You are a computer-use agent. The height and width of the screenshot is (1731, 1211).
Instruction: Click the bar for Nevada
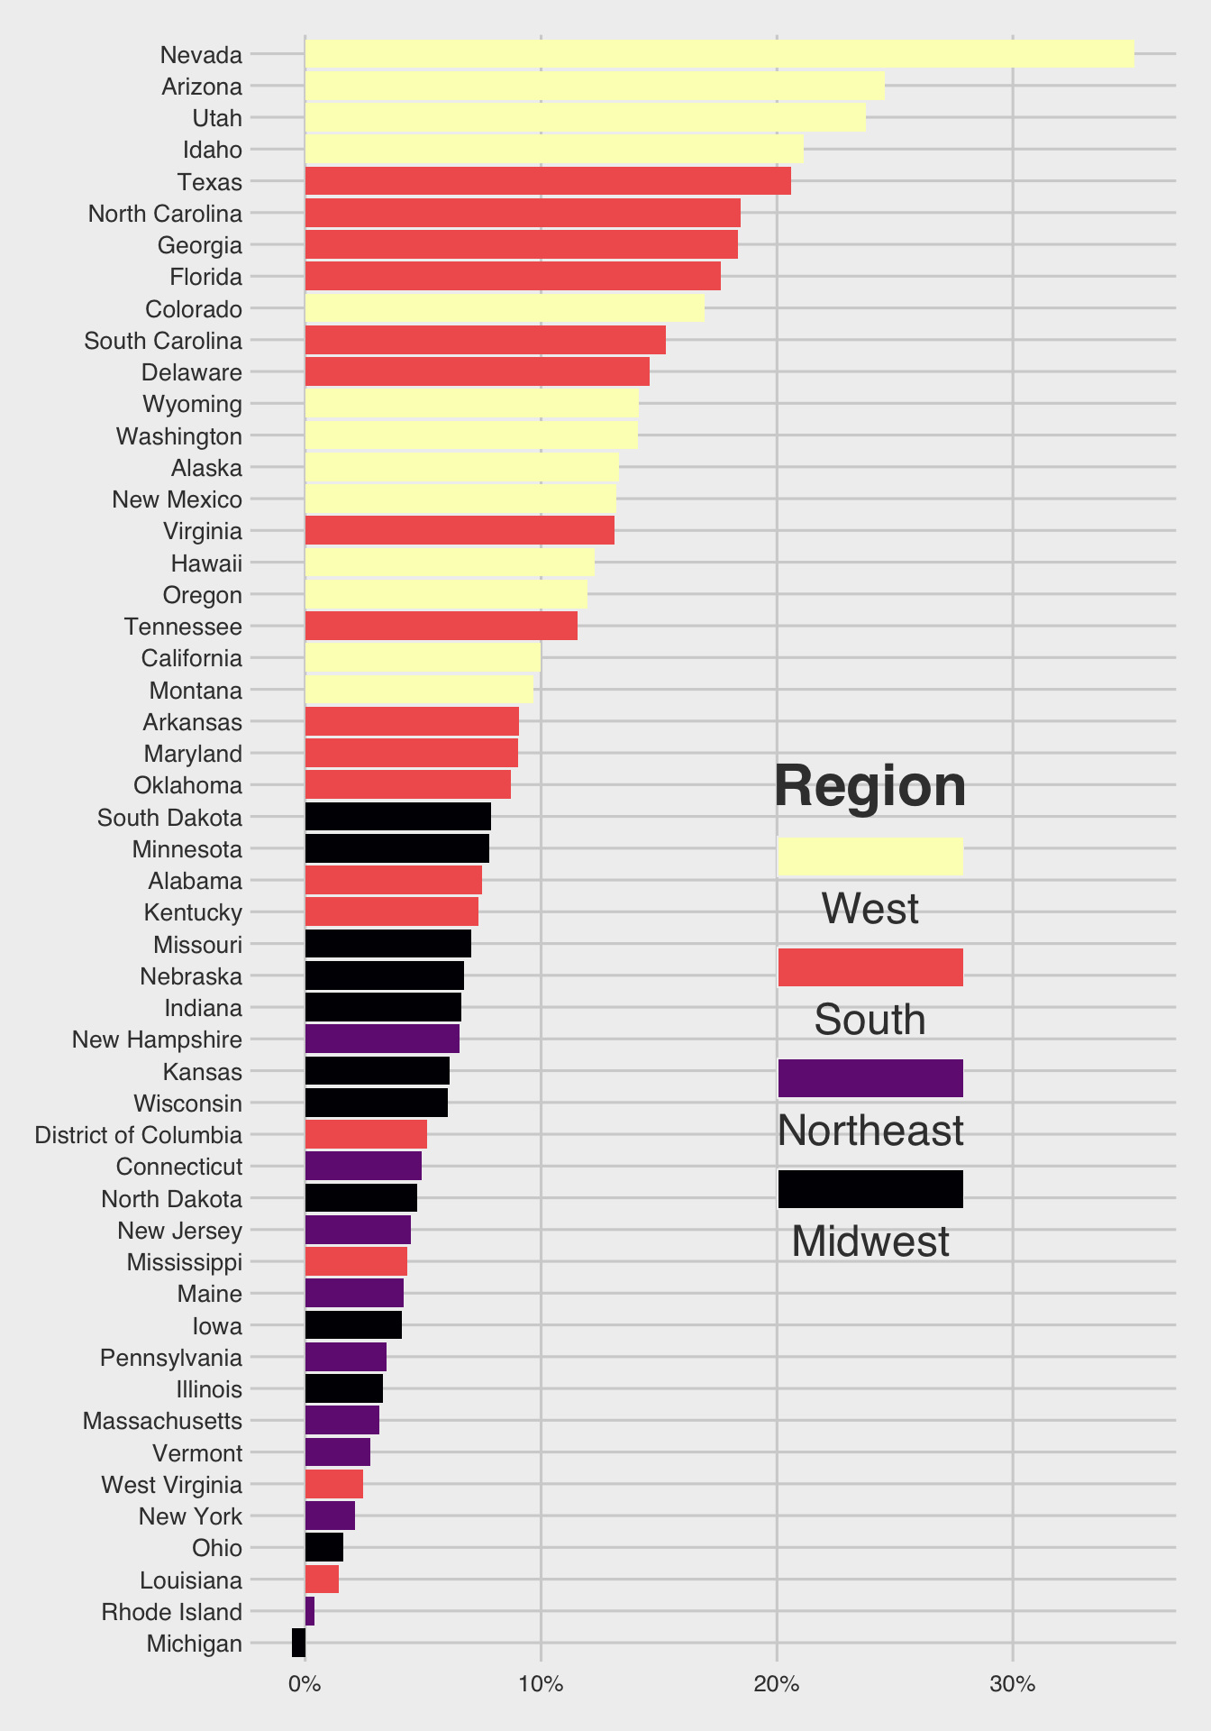point(719,54)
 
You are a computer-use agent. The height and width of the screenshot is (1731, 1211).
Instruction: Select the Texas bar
point(548,181)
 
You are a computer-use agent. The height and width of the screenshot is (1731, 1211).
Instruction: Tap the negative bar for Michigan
point(299,1643)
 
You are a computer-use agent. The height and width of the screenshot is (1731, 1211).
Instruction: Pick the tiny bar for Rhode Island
point(310,1611)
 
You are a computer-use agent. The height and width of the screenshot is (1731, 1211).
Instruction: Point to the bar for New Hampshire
point(382,1039)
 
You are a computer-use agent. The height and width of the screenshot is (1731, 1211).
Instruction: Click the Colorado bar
point(505,308)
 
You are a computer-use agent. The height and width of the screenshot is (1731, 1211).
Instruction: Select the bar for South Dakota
point(397,817)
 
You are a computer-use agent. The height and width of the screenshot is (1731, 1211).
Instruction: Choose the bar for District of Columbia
point(366,1134)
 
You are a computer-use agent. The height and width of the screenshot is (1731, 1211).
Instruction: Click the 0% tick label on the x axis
point(305,1683)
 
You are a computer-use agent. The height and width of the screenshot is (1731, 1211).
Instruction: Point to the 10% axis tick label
point(541,1683)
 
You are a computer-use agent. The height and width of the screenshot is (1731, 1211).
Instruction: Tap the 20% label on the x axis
point(777,1683)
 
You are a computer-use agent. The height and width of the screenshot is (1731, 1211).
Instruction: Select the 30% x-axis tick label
point(1013,1683)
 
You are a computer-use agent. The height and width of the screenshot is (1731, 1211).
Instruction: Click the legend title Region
point(870,786)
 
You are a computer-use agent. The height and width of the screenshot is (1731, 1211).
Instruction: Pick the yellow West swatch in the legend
point(870,856)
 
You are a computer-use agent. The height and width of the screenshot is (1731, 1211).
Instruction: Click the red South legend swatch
point(870,967)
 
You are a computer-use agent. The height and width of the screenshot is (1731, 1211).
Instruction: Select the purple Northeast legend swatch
point(870,1078)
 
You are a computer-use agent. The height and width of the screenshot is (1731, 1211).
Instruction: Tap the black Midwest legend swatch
point(870,1189)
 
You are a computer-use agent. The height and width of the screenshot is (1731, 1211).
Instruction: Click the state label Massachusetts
point(162,1421)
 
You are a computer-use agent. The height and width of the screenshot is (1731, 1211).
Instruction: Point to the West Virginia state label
point(171,1485)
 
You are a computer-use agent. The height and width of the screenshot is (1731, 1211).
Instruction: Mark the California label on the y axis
point(191,658)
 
